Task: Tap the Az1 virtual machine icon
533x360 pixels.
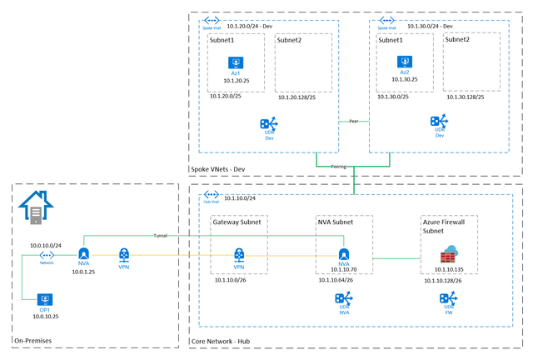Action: click(x=236, y=62)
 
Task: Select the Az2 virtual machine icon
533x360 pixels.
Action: click(x=404, y=61)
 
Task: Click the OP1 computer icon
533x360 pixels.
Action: click(x=45, y=298)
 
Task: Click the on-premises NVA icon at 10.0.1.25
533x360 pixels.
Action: click(x=83, y=253)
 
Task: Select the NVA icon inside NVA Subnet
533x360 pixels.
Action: click(x=341, y=254)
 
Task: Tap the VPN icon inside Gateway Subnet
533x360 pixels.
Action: click(x=239, y=253)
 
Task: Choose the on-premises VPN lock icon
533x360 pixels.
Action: click(x=124, y=253)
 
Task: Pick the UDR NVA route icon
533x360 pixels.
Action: click(x=343, y=307)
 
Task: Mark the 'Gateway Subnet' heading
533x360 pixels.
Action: click(x=236, y=223)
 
